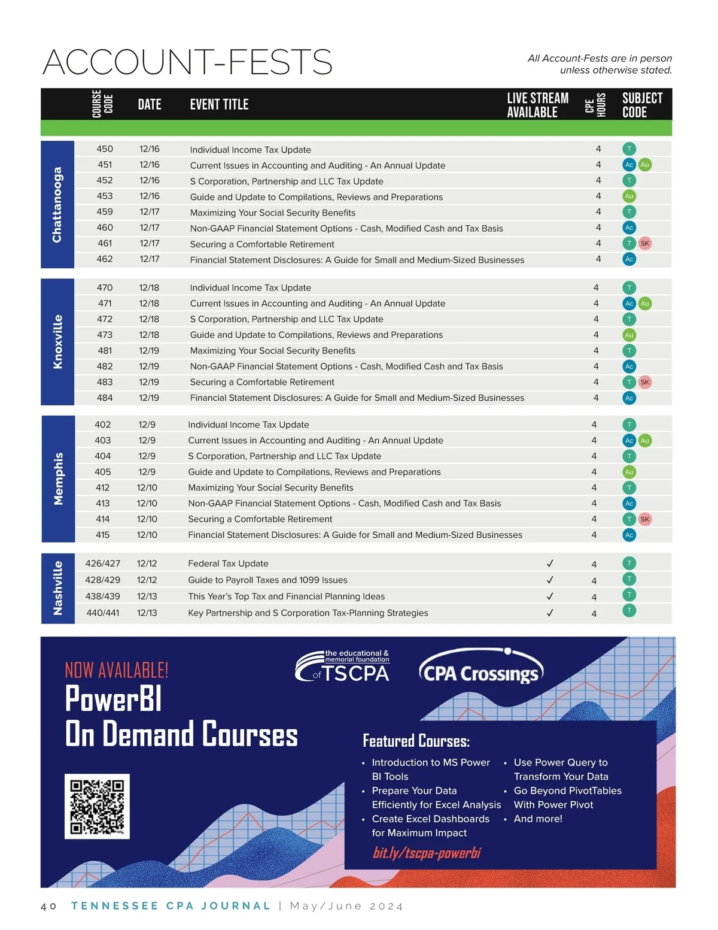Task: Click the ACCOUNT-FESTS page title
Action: tap(187, 62)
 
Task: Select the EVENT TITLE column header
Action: tap(219, 105)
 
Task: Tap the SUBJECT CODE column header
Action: tap(642, 105)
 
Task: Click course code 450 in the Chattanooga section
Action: tap(105, 149)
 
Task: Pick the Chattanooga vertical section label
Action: tap(57, 205)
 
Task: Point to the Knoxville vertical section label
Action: tap(57, 341)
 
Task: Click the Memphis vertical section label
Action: tap(58, 478)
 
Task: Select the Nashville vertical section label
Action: tap(58, 587)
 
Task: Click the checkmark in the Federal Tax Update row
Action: tap(550, 564)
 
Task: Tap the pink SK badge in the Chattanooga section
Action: tap(644, 243)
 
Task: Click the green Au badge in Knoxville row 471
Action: tap(644, 304)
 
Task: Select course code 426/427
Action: tap(103, 564)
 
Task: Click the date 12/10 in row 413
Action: tap(147, 504)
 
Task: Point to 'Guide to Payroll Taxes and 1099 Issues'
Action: tap(267, 580)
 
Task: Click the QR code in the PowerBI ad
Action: tap(97, 806)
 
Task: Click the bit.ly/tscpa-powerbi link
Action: tap(427, 853)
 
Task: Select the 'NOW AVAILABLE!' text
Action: tap(117, 670)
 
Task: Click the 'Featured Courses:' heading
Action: tap(416, 741)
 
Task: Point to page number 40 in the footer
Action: tap(48, 906)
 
